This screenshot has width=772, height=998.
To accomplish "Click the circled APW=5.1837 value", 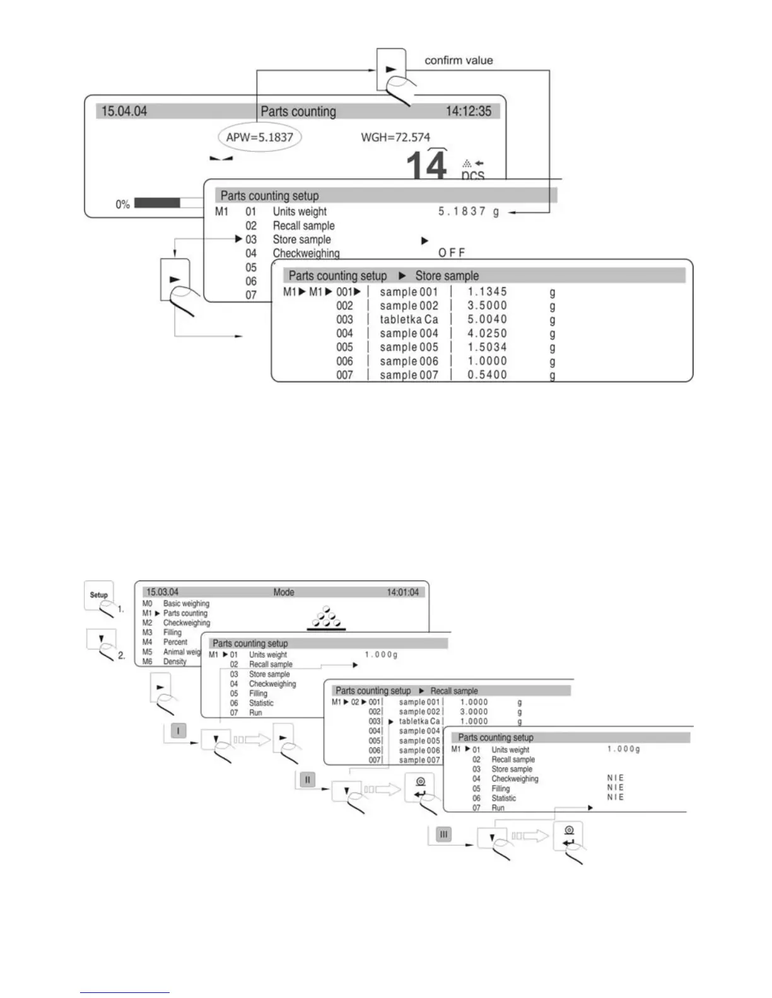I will pyautogui.click(x=259, y=137).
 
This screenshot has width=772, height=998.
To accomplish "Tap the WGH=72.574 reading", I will pyautogui.click(x=395, y=137).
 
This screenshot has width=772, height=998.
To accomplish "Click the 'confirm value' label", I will pyautogui.click(x=459, y=60).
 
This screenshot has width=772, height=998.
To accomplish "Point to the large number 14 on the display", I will pyautogui.click(x=427, y=165).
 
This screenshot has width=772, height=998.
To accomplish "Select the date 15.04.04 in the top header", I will pyautogui.click(x=124, y=112).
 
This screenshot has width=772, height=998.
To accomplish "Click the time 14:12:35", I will pyautogui.click(x=468, y=112).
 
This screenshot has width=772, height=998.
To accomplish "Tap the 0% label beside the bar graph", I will pyautogui.click(x=122, y=204).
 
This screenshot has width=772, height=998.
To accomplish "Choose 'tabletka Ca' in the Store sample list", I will pyautogui.click(x=409, y=319).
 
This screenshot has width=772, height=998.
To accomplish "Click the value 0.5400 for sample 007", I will pyautogui.click(x=487, y=375).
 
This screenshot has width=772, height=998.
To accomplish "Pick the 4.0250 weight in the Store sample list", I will pyautogui.click(x=487, y=333).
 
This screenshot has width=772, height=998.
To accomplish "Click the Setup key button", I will pyautogui.click(x=99, y=595).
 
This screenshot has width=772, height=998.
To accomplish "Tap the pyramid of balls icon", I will pyautogui.click(x=326, y=618).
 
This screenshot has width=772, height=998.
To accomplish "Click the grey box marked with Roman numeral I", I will pyautogui.click(x=178, y=731).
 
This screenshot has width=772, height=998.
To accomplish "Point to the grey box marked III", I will pyautogui.click(x=443, y=834).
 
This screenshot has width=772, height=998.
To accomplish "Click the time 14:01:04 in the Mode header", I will pyautogui.click(x=402, y=592).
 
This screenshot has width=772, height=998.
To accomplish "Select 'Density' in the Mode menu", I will pyautogui.click(x=175, y=662).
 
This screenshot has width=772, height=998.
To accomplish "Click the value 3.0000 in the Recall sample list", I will pyautogui.click(x=474, y=711).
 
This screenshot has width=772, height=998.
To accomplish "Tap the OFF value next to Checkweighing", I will pyautogui.click(x=452, y=253).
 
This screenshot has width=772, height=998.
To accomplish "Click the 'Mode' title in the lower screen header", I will pyautogui.click(x=284, y=592).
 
